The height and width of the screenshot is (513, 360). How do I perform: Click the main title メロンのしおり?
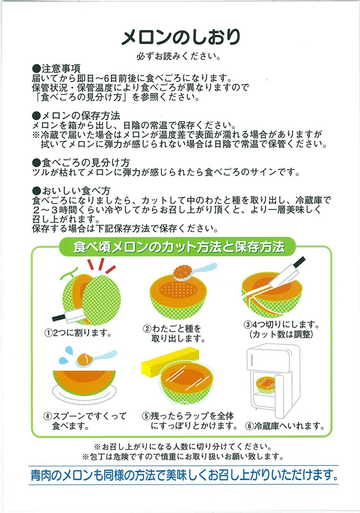(181, 37)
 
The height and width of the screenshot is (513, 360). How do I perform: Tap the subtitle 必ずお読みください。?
(179, 56)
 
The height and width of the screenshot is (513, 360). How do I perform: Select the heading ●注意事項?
(56, 69)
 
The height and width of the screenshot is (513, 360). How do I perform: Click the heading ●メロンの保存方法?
(76, 115)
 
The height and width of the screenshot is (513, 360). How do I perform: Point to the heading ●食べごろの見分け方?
(81, 162)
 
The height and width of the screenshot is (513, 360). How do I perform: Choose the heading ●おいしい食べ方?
(71, 190)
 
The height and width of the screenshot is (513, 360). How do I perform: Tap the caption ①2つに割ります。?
(78, 333)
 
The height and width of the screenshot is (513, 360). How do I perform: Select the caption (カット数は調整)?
(281, 334)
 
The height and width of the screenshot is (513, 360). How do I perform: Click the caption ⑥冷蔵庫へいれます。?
(285, 427)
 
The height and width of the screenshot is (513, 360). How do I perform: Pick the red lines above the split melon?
(101, 265)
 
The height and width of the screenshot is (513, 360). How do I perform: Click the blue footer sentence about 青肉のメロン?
(184, 475)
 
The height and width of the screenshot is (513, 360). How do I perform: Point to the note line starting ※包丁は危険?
(183, 457)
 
